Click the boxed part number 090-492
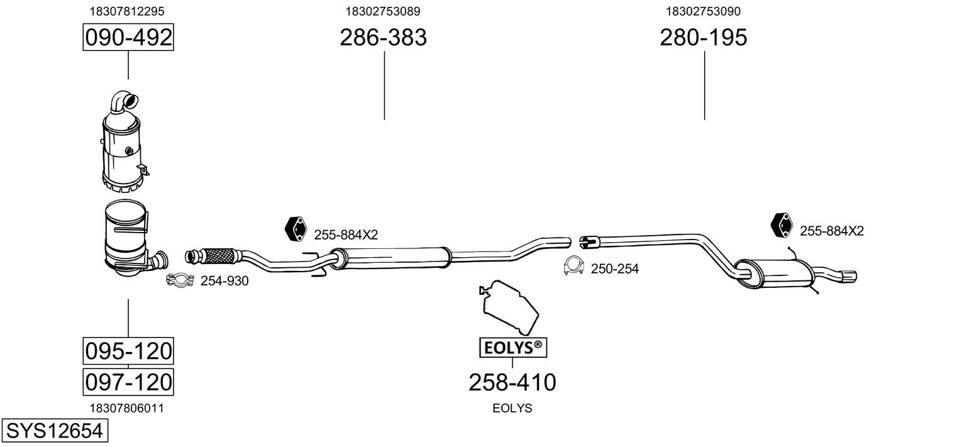point(128,38)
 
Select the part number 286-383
point(383,38)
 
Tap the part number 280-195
point(703,38)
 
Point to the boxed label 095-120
point(128,350)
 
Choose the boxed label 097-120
point(128,381)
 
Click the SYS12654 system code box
point(54,431)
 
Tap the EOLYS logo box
point(513,346)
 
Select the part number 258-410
point(512,382)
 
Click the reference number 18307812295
point(128,11)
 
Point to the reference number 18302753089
point(383,11)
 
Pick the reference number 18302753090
point(703,11)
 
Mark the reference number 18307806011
point(128,408)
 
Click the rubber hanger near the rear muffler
point(782,226)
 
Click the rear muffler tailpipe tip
point(848,277)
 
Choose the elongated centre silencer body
point(390,257)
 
